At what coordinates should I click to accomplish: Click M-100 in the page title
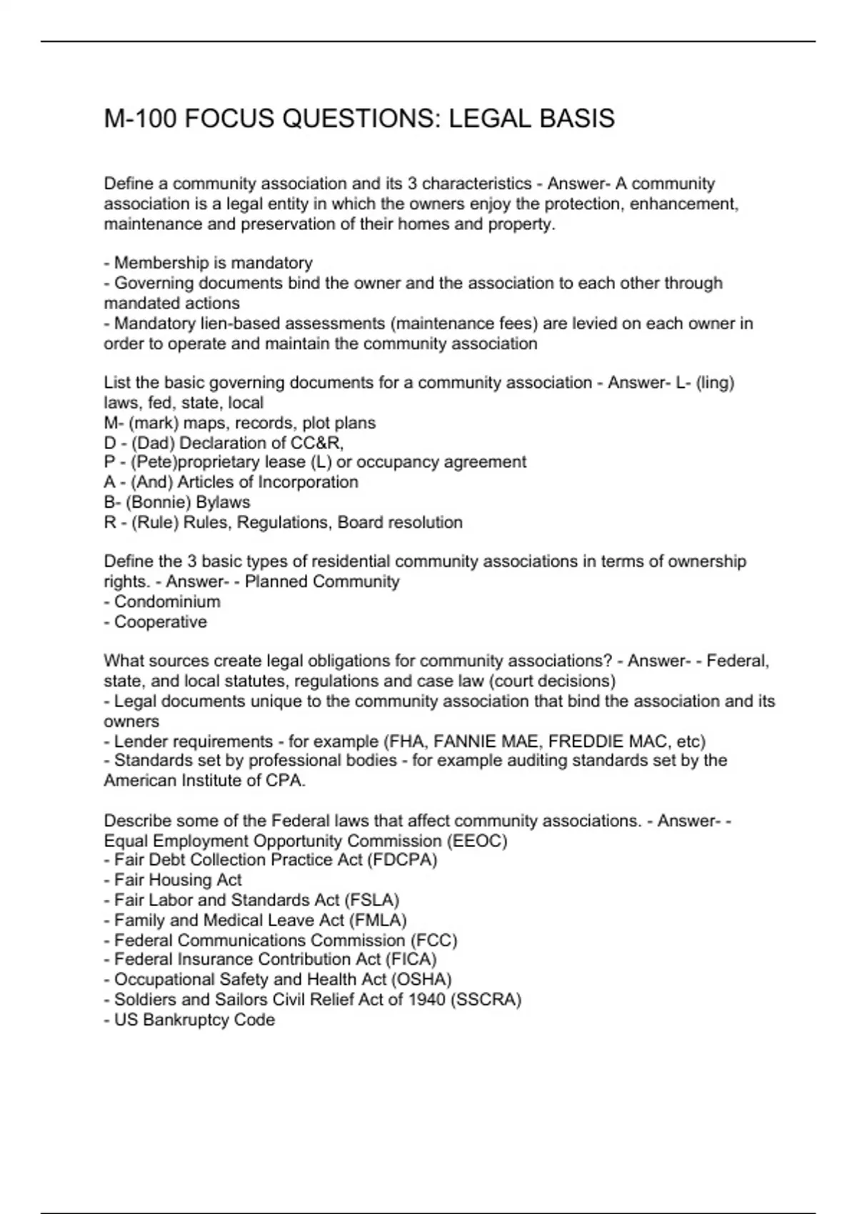pos(140,119)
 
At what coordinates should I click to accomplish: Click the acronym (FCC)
pos(434,940)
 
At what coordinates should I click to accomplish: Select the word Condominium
pos(167,601)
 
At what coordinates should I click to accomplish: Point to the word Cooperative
pos(161,621)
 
